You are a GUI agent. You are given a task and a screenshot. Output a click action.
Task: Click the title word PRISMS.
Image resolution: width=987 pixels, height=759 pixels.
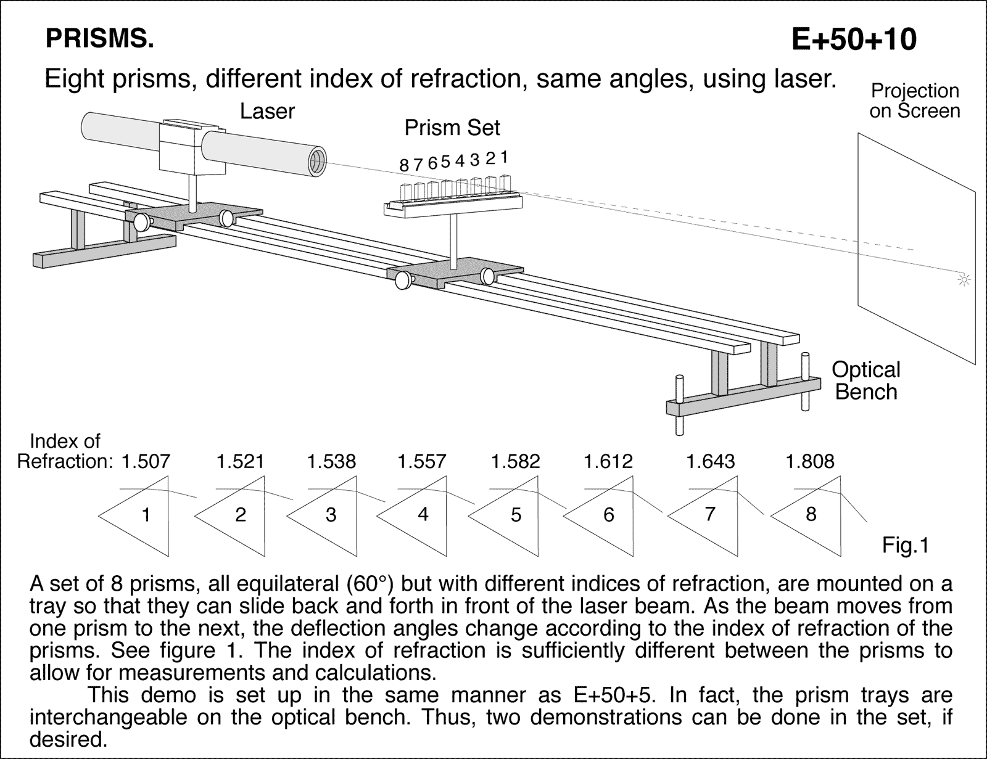click(99, 39)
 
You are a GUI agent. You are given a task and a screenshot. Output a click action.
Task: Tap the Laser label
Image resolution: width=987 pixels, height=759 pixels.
click(267, 112)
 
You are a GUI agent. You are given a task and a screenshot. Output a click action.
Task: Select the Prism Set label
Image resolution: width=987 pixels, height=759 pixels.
click(452, 128)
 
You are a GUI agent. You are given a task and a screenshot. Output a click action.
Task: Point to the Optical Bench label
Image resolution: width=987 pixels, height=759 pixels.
click(865, 380)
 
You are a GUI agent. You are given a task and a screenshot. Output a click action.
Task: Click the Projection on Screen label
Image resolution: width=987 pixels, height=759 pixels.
click(915, 101)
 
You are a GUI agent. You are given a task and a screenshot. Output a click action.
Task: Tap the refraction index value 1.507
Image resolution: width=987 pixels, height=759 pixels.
click(145, 461)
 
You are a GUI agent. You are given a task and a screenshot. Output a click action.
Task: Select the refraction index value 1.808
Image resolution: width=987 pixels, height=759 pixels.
click(809, 461)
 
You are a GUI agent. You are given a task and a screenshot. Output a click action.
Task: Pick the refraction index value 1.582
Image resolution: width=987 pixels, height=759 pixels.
click(515, 461)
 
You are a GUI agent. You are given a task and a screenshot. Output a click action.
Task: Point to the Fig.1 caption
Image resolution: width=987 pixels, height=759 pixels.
click(905, 545)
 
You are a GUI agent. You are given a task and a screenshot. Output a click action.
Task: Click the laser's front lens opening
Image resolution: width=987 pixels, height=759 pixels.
click(316, 162)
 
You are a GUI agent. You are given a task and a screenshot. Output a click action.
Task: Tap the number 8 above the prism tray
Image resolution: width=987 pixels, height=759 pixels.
click(404, 165)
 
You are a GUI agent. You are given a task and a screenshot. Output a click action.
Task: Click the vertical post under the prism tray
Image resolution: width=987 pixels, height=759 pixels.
click(453, 240)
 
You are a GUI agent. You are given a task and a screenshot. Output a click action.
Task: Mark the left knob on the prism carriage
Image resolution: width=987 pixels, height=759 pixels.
click(403, 281)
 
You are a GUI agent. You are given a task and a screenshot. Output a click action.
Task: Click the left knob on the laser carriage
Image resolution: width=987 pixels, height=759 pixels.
click(141, 223)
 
